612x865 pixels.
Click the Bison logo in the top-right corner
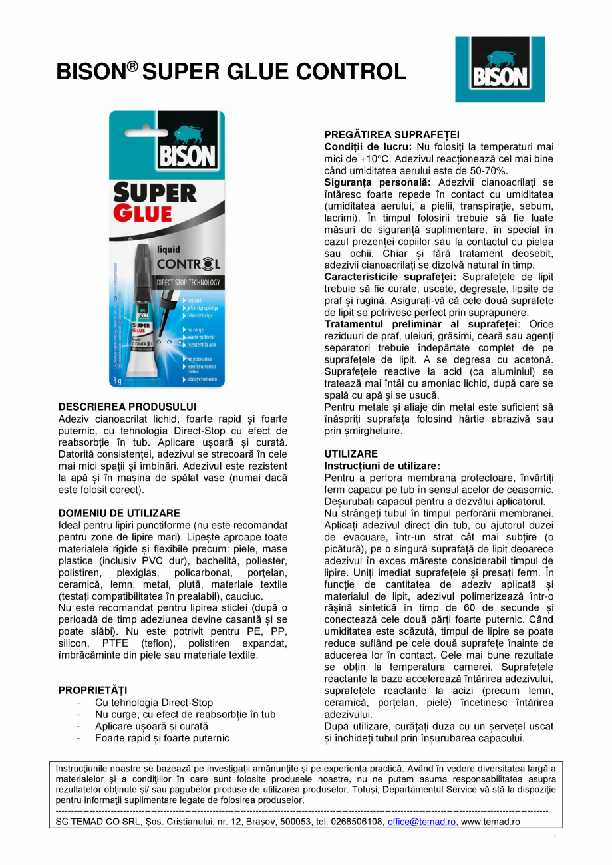(500, 69)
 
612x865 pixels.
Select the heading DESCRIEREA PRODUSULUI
(128, 406)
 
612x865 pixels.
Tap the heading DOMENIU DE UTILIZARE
(119, 513)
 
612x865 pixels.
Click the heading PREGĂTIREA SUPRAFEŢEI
(392, 134)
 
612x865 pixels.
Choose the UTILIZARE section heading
(351, 454)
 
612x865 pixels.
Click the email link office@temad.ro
(422, 822)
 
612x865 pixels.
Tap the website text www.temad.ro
(490, 822)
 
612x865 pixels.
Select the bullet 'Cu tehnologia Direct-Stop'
(154, 702)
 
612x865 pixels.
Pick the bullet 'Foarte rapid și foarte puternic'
(162, 738)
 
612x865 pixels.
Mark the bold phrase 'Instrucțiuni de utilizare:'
(382, 466)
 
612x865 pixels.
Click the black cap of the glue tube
(144, 267)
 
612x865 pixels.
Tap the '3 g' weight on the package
(118, 381)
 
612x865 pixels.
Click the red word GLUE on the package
(142, 214)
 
